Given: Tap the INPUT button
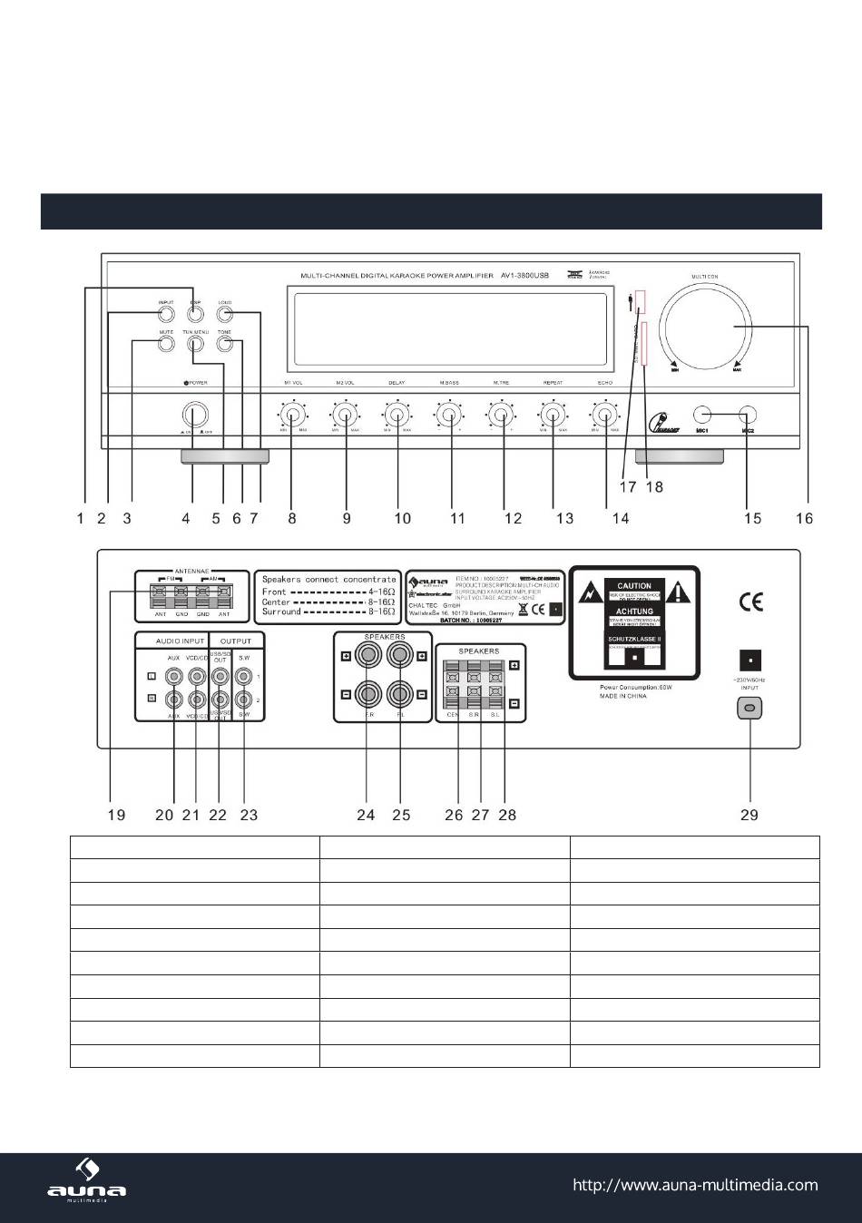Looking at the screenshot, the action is coord(165,315).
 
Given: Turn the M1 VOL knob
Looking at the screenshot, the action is coord(292,416).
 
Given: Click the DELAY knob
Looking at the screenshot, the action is coord(397,416).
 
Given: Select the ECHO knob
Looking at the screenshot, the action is coord(604,416).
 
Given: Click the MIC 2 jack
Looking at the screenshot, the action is coord(748,415).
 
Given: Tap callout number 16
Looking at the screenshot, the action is coord(805,518).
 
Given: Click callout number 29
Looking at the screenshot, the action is coord(749,815).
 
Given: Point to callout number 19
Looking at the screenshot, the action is coord(116,815).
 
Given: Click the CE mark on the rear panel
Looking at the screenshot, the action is coord(751,602).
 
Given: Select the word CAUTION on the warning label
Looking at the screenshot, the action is coord(635,586).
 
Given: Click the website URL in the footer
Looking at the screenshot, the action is coord(695,1185).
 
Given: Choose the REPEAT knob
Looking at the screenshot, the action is coord(552,416).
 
